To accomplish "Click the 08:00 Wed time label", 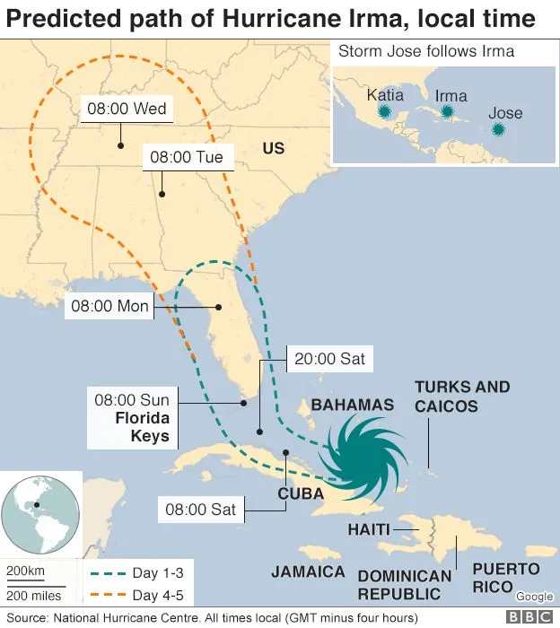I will pos(127,109).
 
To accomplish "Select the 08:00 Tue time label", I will pos(186,158).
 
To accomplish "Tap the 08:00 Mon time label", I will pos(109,306).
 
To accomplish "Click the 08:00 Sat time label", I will pos(200,510).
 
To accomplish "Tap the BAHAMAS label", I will pos(352,406).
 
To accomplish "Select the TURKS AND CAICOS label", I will pos(461,397).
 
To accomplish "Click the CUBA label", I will pos(301,493).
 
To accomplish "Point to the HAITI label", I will pos(369,529).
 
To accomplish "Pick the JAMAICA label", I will pos(308,571).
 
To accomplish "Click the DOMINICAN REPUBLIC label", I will pos(404,585).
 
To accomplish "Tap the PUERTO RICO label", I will pos(506,577).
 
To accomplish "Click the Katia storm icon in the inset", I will pos(385,111).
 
